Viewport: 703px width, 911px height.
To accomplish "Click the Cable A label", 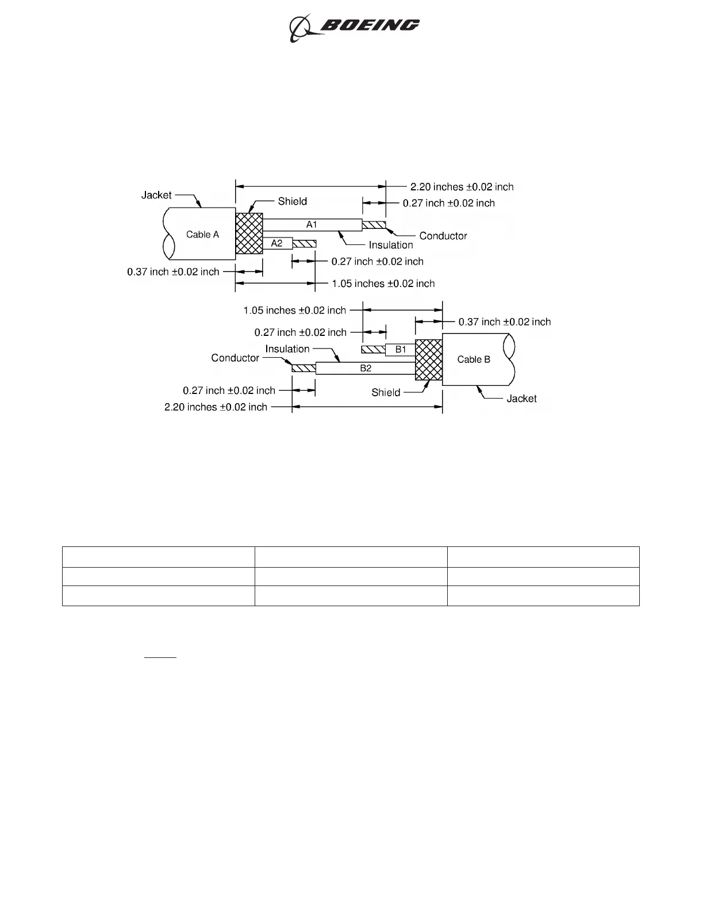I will [x=202, y=235].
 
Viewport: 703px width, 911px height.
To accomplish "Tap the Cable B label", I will [x=474, y=359].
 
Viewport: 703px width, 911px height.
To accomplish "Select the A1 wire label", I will [x=312, y=224].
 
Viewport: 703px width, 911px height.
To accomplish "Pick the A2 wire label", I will [x=277, y=243].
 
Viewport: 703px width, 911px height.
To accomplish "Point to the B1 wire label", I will [x=401, y=349].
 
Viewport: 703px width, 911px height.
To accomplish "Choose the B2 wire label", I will [x=366, y=368].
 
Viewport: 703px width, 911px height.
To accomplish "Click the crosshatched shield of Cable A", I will [x=249, y=234].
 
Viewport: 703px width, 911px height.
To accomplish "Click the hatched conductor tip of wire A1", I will [x=374, y=224].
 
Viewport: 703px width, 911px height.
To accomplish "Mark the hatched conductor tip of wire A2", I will [x=304, y=244].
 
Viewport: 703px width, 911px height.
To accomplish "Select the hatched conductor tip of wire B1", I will [x=373, y=349].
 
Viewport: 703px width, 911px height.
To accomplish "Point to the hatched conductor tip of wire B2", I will [x=304, y=368].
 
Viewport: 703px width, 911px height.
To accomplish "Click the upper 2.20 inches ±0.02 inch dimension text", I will [x=462, y=187].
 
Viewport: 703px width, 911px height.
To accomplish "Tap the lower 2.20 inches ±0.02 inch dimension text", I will [x=216, y=407].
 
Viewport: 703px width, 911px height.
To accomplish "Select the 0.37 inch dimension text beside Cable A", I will [x=173, y=271].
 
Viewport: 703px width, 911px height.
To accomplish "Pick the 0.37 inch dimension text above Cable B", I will [x=504, y=322].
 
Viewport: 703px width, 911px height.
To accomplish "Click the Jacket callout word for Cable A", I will [x=156, y=195].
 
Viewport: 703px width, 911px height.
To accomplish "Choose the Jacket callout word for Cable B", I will [x=521, y=399].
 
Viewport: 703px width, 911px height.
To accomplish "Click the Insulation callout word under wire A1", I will [x=391, y=245].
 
